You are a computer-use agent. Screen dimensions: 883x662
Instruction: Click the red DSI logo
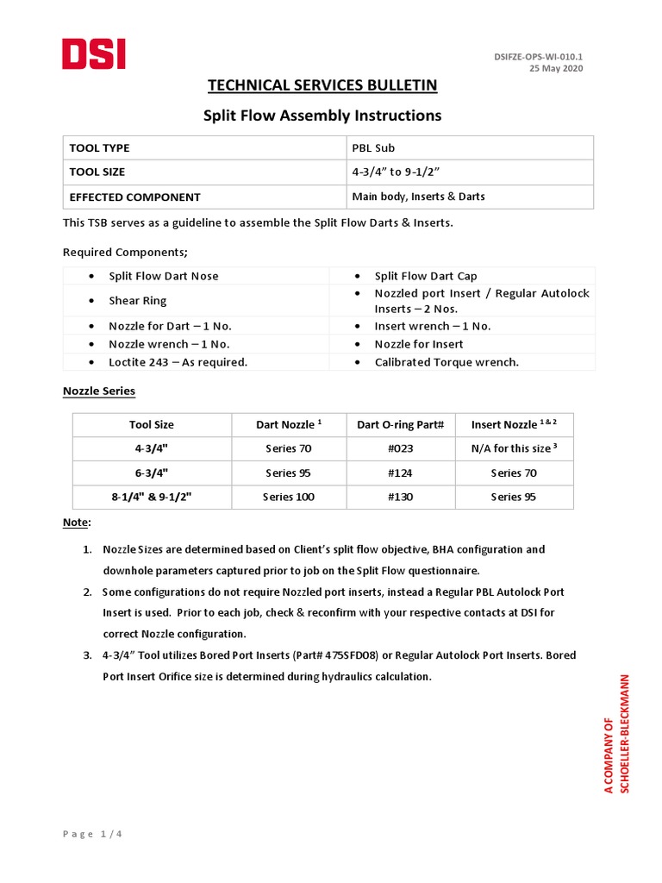click(x=94, y=54)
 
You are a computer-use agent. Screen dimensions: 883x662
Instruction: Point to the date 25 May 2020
click(x=556, y=69)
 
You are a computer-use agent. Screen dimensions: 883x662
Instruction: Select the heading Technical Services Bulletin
click(x=322, y=85)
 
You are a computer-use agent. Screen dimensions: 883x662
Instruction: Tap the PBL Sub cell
click(x=372, y=148)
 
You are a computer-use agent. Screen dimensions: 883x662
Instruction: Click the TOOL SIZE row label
click(x=97, y=172)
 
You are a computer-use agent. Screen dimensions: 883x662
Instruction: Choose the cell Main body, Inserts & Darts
click(x=418, y=197)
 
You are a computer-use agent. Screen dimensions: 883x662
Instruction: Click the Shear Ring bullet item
click(x=138, y=301)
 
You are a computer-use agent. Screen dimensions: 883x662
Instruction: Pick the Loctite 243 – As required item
click(x=178, y=362)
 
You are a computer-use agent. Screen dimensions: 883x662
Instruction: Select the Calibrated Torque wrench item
click(x=447, y=362)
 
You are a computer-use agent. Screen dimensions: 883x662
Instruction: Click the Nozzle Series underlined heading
click(x=99, y=391)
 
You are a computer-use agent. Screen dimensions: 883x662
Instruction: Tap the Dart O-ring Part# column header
click(x=400, y=424)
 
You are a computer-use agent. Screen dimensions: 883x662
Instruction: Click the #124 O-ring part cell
click(x=400, y=473)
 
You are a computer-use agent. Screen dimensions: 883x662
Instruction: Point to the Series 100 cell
click(x=290, y=497)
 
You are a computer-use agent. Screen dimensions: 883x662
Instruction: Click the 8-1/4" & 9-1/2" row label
click(x=152, y=497)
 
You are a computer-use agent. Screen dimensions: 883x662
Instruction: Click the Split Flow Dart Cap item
click(x=426, y=276)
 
